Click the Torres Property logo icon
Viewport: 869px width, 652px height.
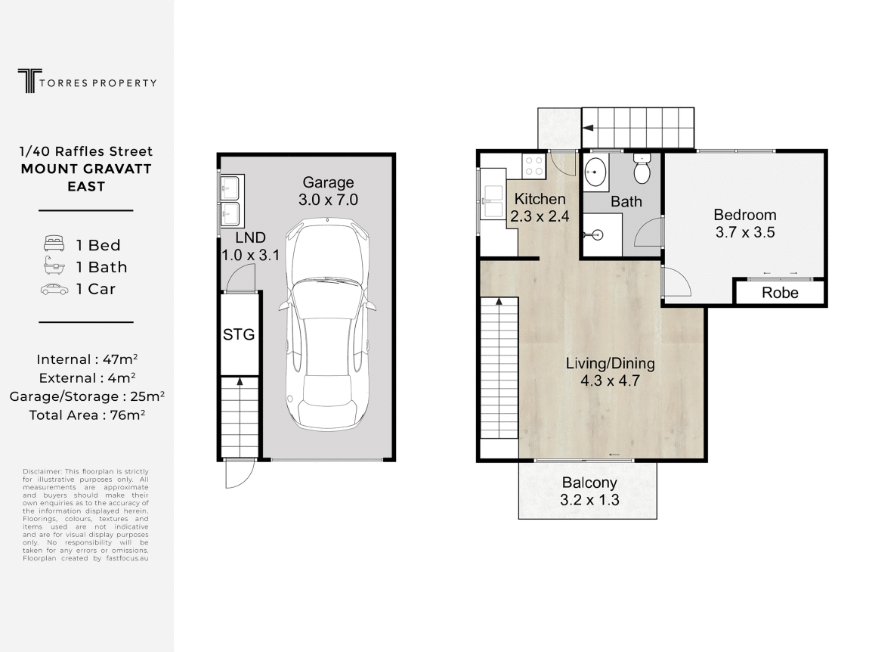pos(30,81)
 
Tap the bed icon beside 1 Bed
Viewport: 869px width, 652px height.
pos(54,244)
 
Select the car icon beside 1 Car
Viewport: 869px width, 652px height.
pos(54,289)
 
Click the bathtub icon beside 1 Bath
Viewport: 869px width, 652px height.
pos(54,266)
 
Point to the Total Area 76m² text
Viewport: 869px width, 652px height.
pos(87,415)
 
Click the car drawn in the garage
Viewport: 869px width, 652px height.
pos(327,324)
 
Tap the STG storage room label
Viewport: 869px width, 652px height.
pos(239,334)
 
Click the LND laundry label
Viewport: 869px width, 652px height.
pos(251,238)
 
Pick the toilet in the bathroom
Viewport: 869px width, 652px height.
pos(642,169)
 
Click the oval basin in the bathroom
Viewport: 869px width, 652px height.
pos(595,172)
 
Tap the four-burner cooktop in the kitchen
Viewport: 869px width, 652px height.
pos(534,165)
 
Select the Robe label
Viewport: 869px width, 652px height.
pos(780,293)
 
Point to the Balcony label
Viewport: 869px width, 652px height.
pos(589,483)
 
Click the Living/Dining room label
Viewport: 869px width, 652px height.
pos(610,364)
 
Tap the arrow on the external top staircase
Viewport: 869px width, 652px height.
pos(588,128)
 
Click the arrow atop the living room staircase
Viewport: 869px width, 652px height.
pos(499,302)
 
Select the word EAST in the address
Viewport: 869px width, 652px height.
pos(86,186)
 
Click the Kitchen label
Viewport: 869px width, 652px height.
pos(540,199)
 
